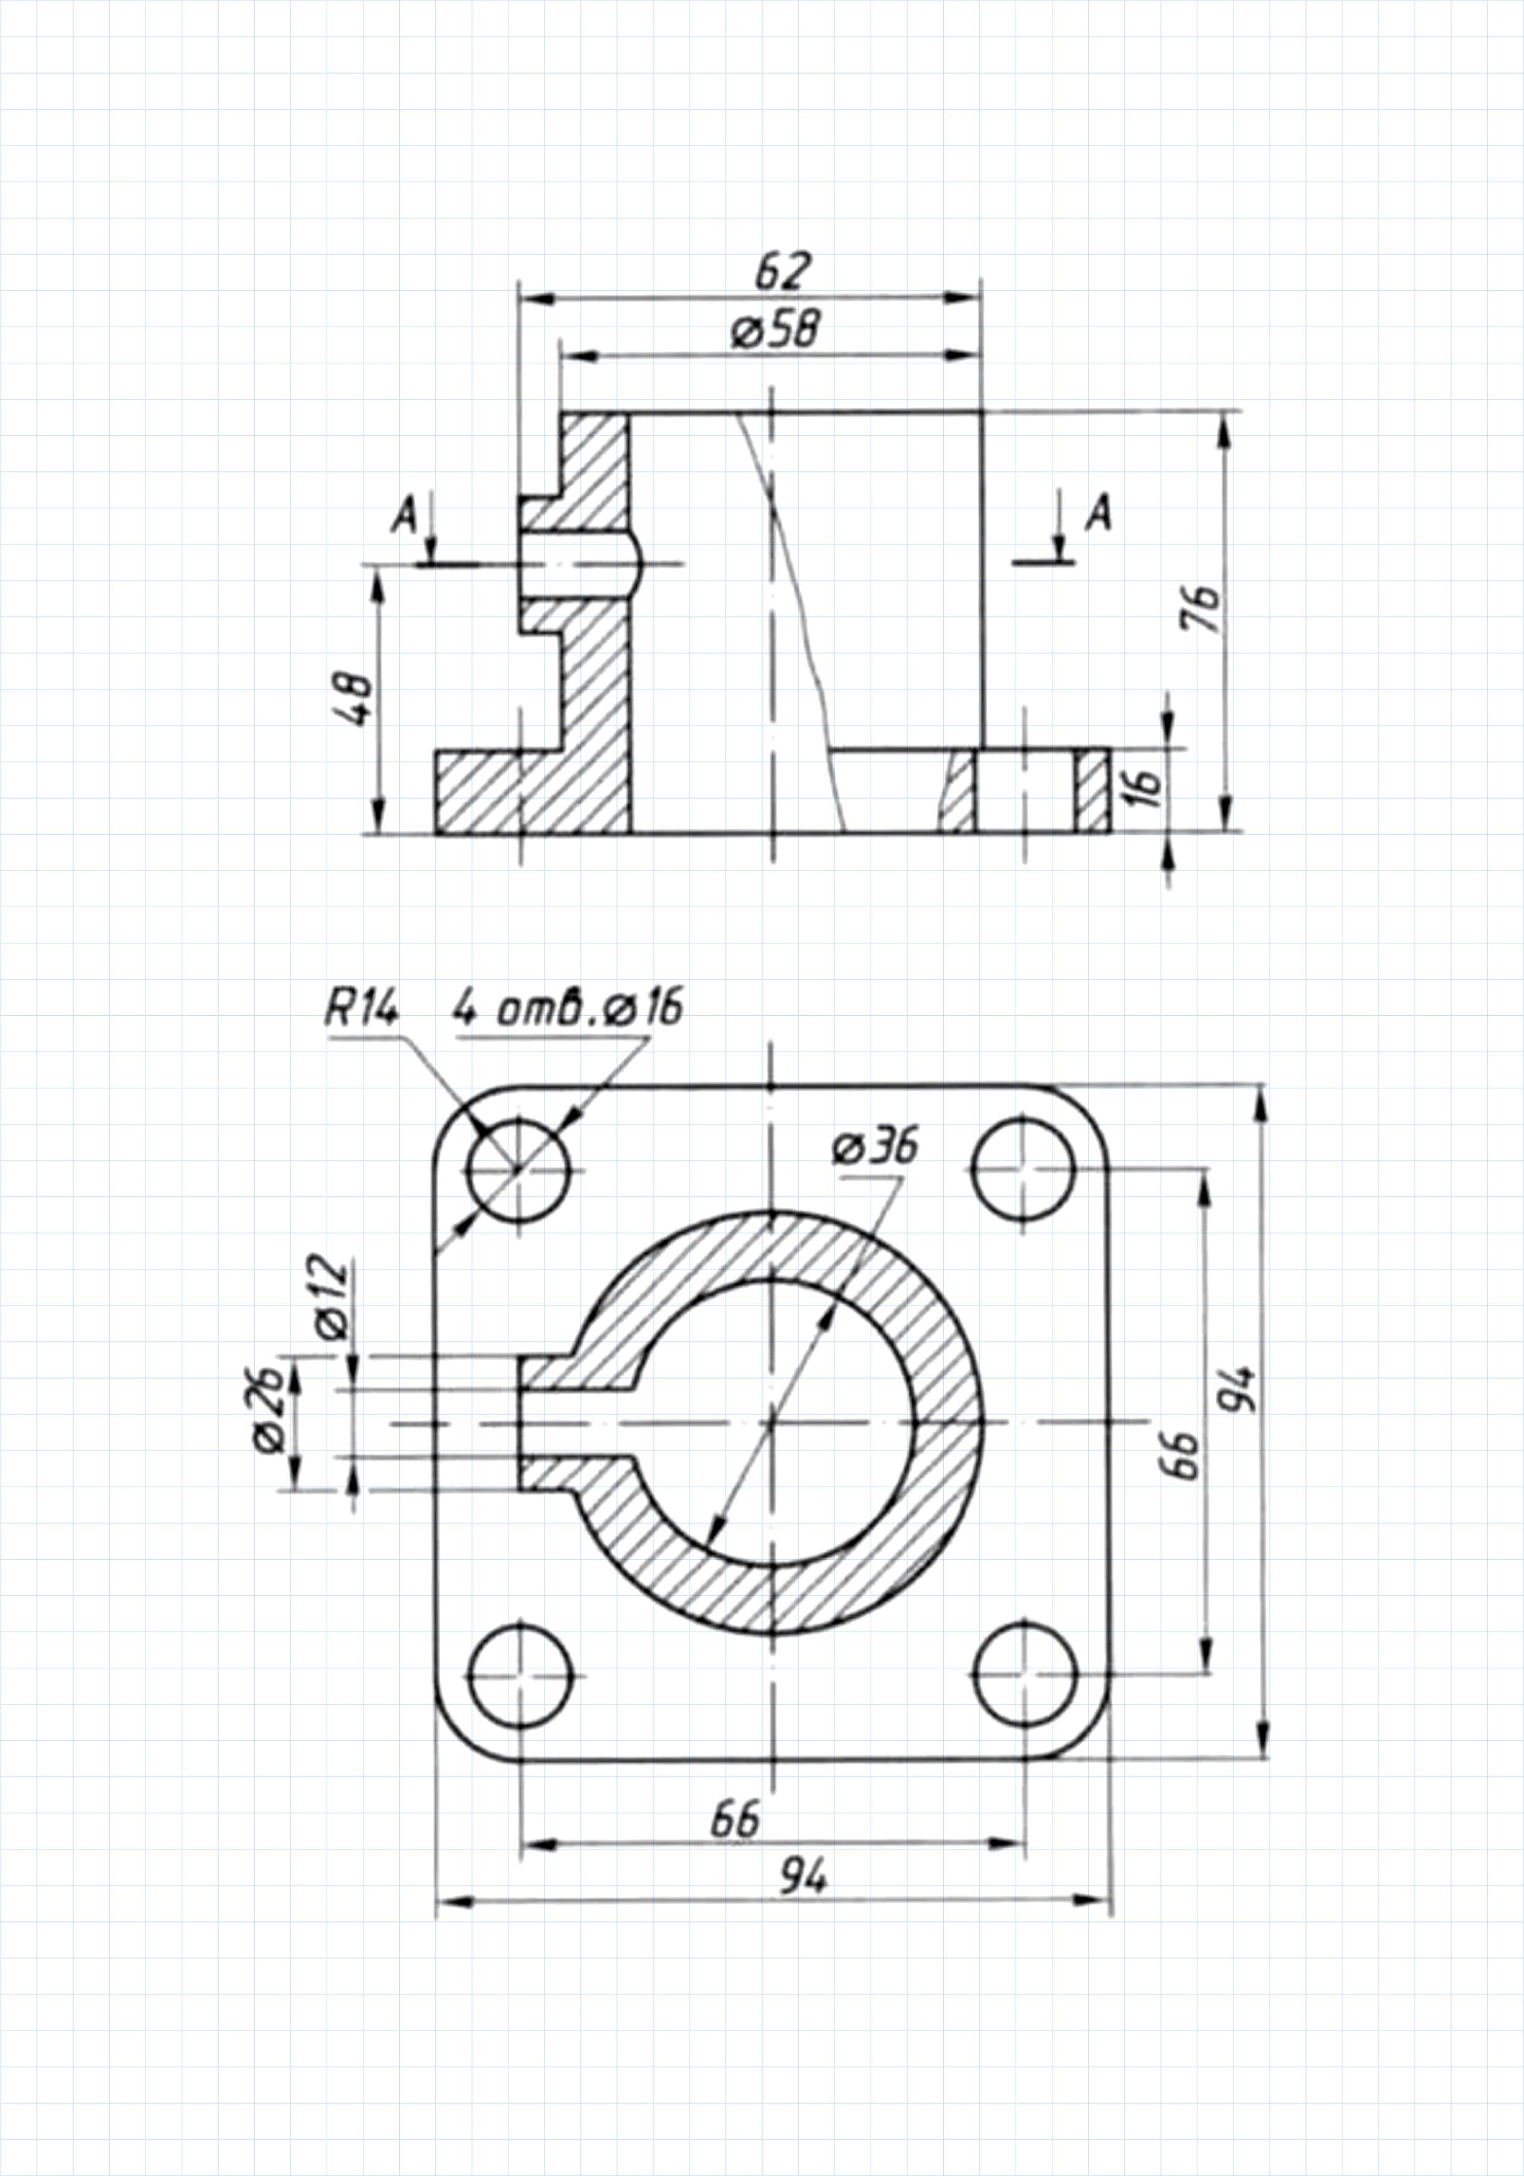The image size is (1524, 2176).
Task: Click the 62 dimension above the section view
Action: pos(783,272)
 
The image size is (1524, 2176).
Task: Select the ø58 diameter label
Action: pos(776,330)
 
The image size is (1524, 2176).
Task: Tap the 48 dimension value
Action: pos(356,699)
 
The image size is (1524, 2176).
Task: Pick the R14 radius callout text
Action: pos(362,1009)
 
